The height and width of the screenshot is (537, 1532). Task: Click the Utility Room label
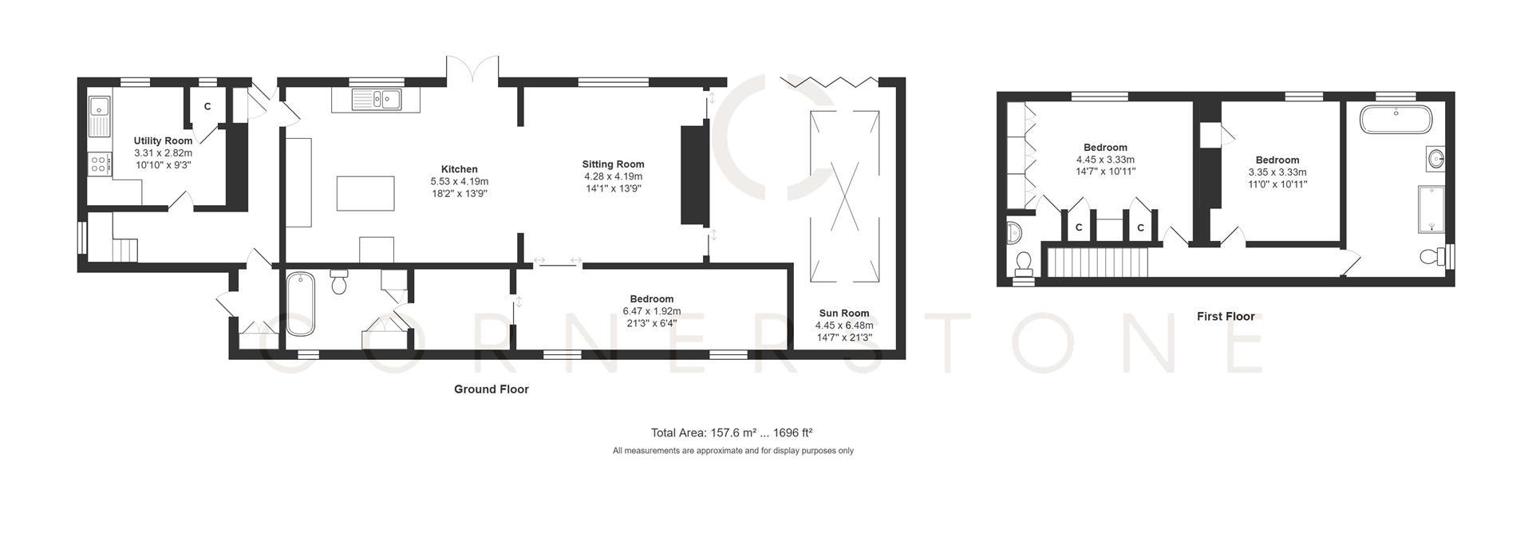[x=163, y=140]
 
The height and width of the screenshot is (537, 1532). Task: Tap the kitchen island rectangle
[x=365, y=193]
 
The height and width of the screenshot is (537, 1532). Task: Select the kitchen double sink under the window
[x=376, y=100]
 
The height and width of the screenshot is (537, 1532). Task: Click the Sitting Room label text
[x=613, y=164]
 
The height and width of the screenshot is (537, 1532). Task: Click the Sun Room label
[x=843, y=313]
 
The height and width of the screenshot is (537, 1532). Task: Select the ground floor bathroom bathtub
[x=301, y=303]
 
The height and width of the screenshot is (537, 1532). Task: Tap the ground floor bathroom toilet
[x=339, y=282]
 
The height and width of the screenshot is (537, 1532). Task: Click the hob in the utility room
[x=101, y=164]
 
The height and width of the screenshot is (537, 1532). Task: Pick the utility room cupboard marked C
[x=207, y=106]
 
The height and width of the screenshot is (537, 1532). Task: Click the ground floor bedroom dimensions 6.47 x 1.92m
[x=651, y=311]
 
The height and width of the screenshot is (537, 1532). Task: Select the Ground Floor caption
[x=491, y=389]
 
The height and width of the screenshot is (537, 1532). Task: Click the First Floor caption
[x=1225, y=316]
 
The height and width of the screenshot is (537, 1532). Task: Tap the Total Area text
[x=731, y=432]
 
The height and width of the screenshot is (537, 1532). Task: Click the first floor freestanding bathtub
[x=1396, y=120]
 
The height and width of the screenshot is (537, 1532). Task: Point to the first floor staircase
[x=1097, y=262]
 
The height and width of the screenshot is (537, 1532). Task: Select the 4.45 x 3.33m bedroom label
[x=1105, y=159]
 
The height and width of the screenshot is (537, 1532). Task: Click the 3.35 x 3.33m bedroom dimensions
[x=1277, y=172]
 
